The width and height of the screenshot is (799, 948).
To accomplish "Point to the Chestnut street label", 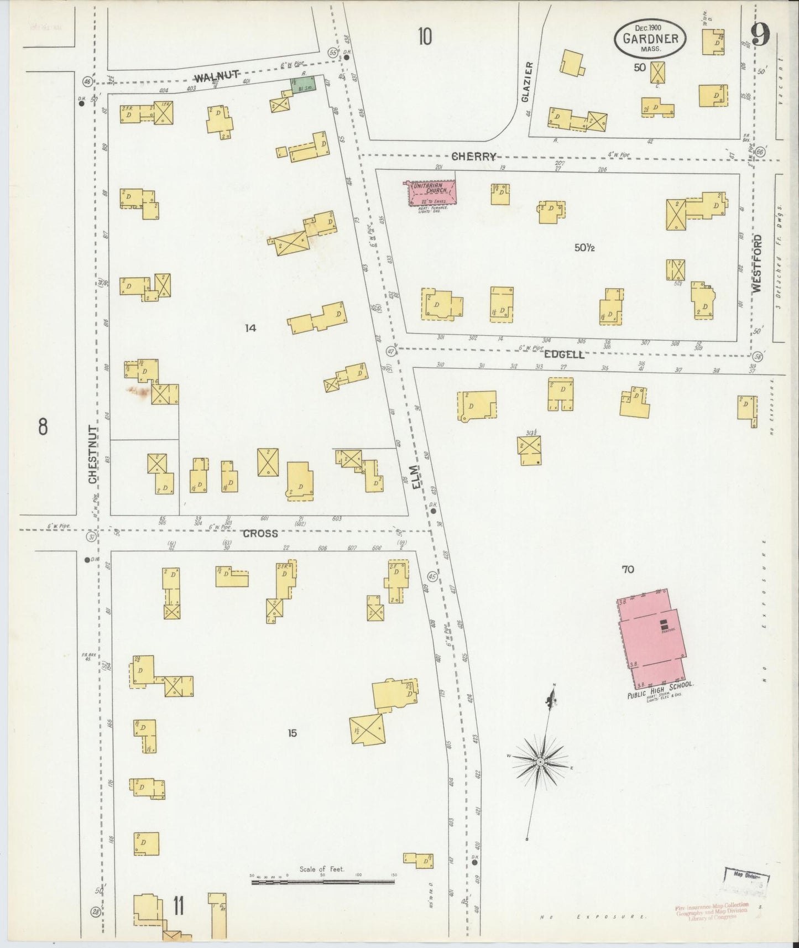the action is [93, 454].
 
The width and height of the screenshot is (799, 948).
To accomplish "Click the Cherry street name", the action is [474, 157].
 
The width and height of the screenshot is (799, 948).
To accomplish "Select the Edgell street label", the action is [564, 355].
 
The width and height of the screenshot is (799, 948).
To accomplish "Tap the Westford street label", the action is [757, 263].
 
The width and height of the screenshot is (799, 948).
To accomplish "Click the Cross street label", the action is [259, 534].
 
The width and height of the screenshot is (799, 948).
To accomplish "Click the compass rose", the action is [540, 762].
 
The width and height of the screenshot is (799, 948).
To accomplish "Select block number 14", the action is [250, 328].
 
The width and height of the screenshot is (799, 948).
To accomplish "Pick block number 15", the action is [292, 733].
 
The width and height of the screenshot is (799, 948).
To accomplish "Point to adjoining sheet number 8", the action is [43, 427].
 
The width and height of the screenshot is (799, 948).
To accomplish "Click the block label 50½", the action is [584, 248].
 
